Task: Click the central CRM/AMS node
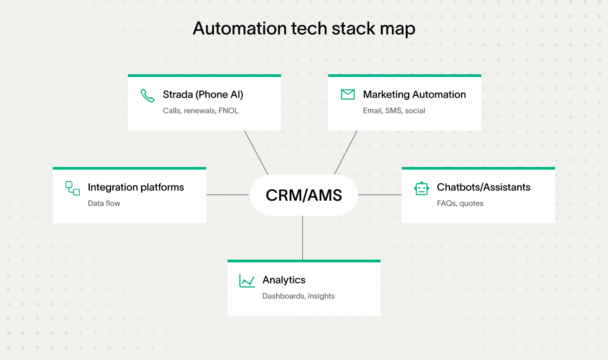point(304,195)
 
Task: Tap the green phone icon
point(147,95)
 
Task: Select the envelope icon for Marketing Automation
point(348,94)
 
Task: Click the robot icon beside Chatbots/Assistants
point(422,189)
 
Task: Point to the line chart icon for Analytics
point(247,281)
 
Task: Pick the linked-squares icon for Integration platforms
point(73,188)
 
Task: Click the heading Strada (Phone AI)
point(203,94)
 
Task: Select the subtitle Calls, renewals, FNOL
point(200,111)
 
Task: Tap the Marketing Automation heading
point(414,94)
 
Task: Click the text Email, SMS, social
point(394,111)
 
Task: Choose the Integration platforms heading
point(136,187)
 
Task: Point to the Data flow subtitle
point(104,203)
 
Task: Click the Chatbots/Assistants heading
point(483,187)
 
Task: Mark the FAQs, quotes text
point(460,203)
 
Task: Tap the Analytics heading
point(284,280)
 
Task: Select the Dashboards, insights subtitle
point(298,296)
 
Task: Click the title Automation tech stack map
point(304,29)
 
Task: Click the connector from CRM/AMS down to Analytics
point(303,238)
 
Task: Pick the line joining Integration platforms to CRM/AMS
point(227,195)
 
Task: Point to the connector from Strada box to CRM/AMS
point(256,153)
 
